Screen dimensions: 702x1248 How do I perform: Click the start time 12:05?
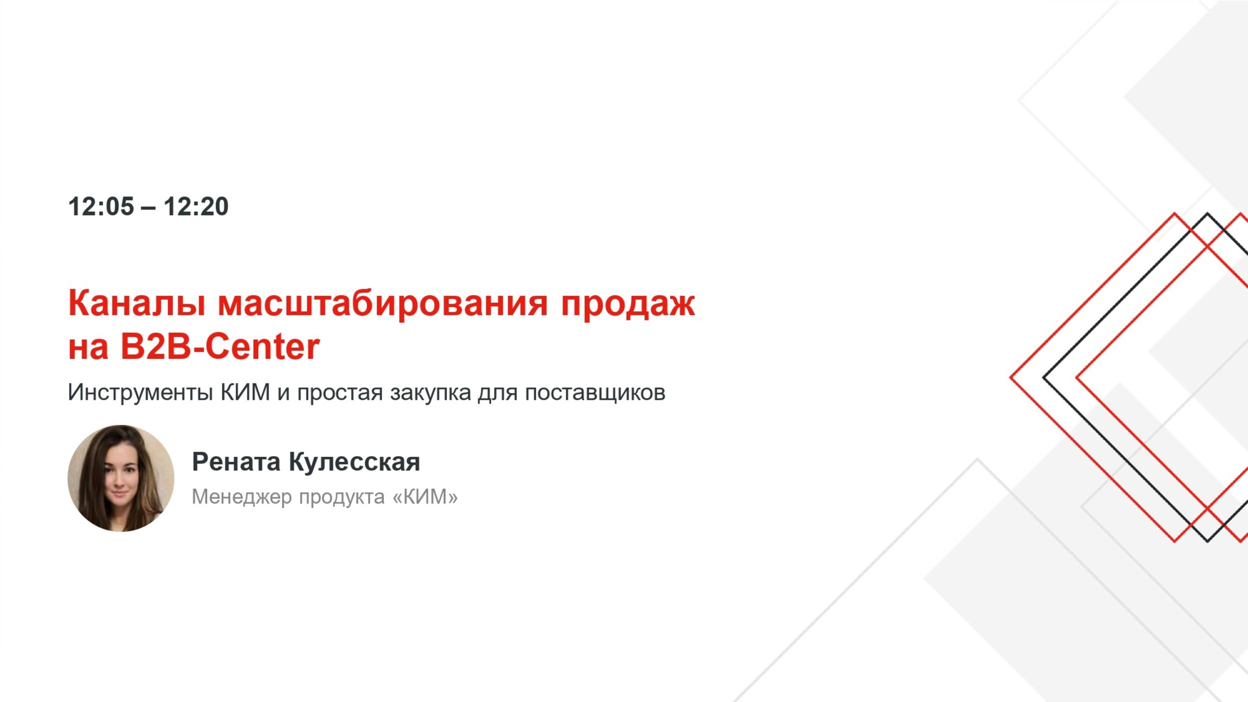point(101,206)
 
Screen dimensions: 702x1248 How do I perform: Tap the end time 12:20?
point(196,206)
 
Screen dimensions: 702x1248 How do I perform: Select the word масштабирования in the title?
point(383,303)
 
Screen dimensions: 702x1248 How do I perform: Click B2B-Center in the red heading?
point(220,347)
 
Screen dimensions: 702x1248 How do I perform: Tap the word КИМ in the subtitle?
point(245,392)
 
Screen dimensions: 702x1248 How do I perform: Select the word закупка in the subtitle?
point(430,393)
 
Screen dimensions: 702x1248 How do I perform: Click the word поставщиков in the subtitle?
point(595,393)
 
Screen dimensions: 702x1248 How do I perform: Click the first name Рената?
point(236,461)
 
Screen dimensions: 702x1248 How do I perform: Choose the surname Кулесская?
point(354,462)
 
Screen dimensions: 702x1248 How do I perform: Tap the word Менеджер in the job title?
point(242,497)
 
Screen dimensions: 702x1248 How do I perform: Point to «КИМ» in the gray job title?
point(425,497)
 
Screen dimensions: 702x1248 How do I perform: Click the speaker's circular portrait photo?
point(121,478)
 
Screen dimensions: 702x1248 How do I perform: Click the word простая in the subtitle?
point(340,393)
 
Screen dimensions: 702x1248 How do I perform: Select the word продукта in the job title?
point(342,497)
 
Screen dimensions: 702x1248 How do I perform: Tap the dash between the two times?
point(148,207)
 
